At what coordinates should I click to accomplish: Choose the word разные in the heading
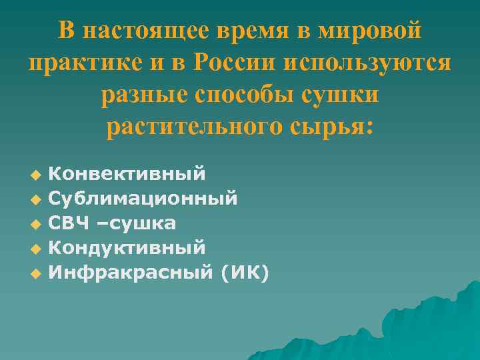(x=140, y=94)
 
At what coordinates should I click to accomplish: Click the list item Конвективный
(x=127, y=174)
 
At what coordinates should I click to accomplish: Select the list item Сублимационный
(x=143, y=198)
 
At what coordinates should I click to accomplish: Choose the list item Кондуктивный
(x=127, y=247)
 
